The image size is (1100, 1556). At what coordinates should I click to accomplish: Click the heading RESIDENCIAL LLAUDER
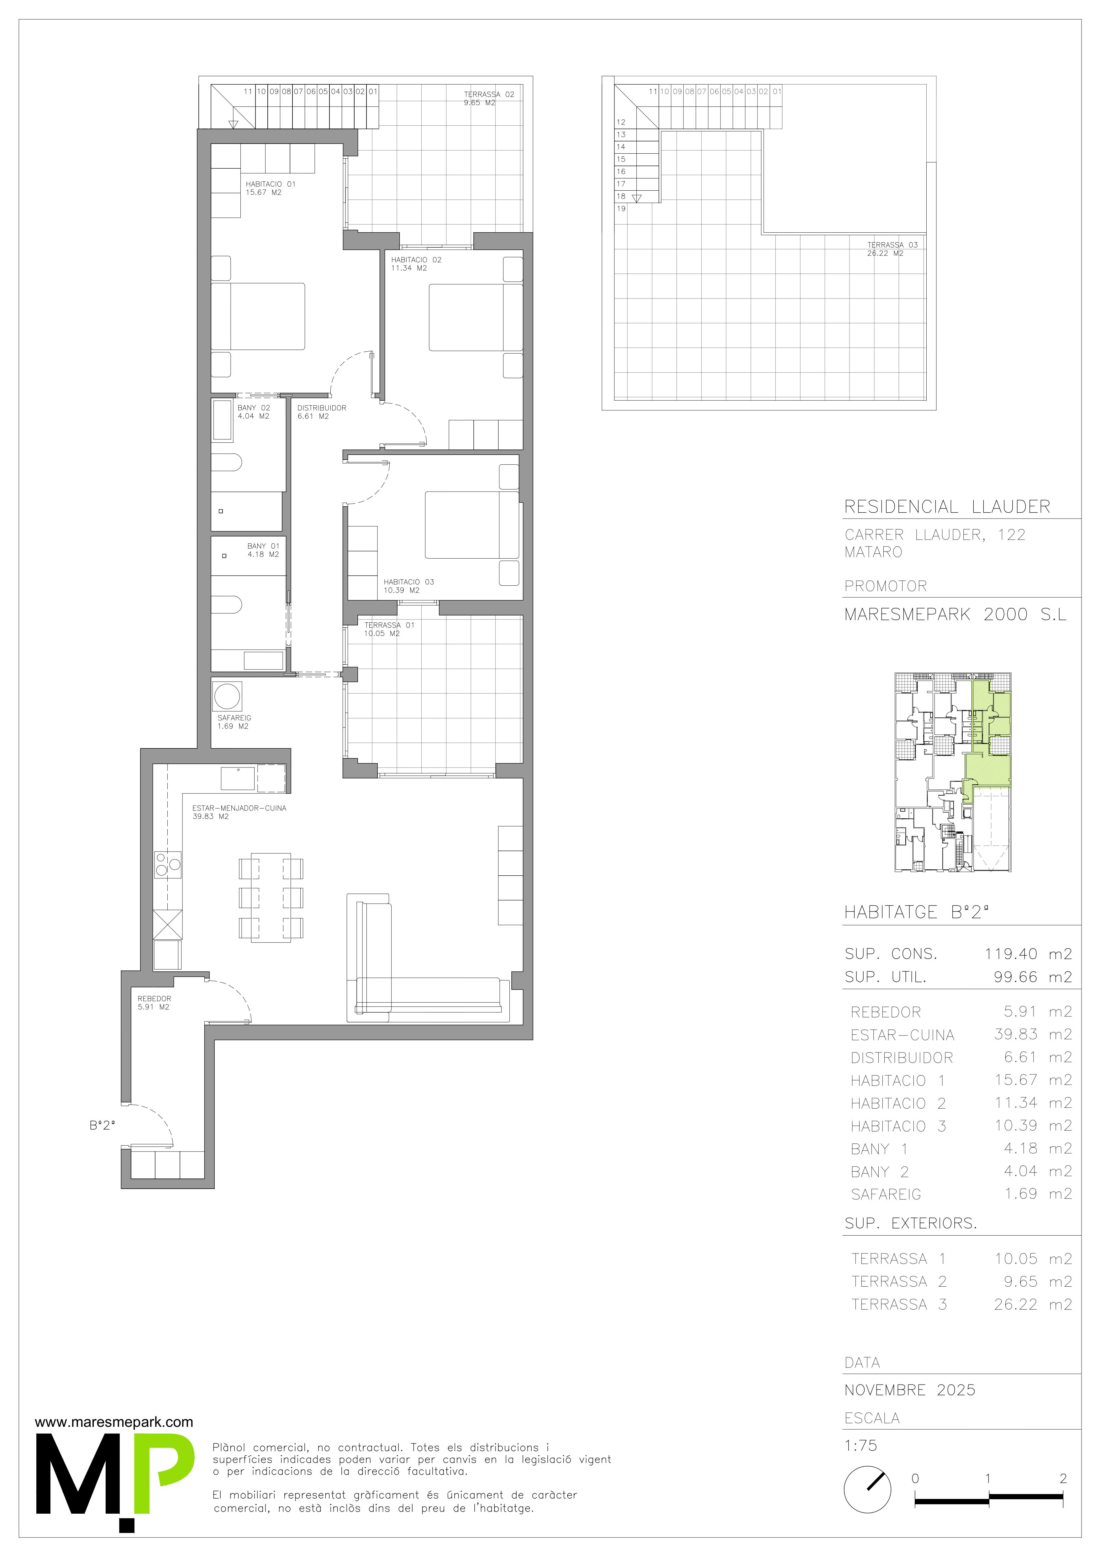(x=947, y=507)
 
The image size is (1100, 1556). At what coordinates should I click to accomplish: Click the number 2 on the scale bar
(x=1063, y=1478)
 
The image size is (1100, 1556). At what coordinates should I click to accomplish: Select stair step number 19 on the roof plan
(x=621, y=209)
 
